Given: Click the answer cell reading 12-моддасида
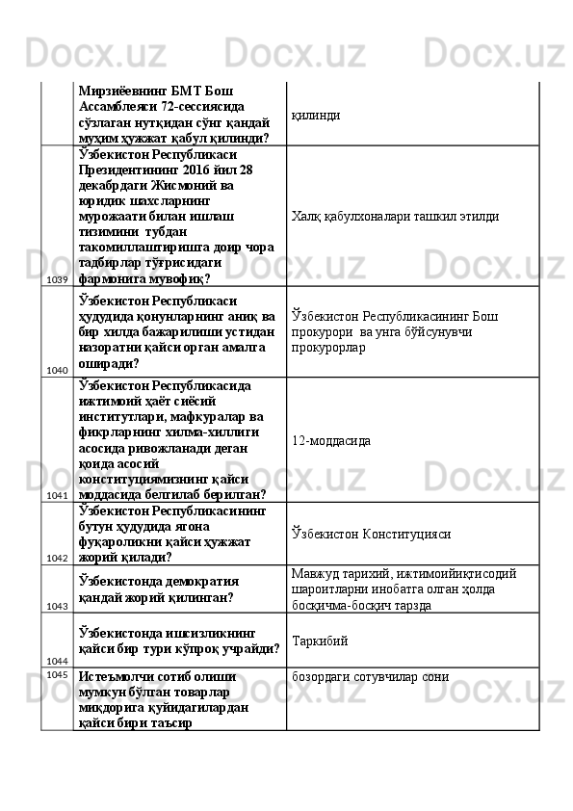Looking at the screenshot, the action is point(331,440).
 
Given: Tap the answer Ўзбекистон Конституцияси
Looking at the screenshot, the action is point(370,534).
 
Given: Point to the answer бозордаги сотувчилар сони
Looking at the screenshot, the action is point(369,677).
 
